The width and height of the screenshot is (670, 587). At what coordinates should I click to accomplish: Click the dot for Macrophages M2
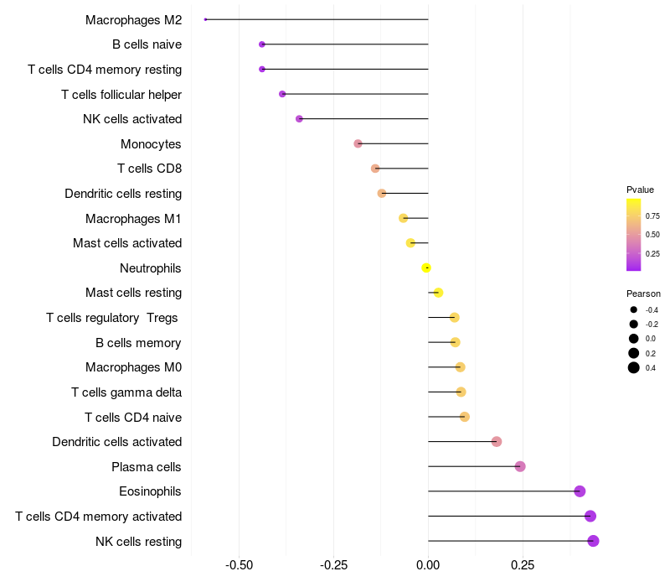point(205,19)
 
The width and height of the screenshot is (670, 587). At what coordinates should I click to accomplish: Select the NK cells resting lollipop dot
point(593,541)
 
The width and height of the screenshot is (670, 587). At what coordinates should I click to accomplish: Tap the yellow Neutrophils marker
point(426,268)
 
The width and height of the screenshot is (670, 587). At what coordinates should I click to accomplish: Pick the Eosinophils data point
point(580,491)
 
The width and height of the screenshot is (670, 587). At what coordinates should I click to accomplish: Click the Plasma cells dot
point(520,466)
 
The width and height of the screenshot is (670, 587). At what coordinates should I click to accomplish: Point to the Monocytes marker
point(358,143)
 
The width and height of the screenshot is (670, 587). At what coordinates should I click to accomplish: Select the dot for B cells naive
point(262,44)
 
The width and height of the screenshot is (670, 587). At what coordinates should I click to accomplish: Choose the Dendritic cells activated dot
point(497,441)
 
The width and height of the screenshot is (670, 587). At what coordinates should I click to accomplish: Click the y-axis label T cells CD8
point(149,169)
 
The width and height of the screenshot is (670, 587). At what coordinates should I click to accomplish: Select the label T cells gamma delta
point(126,392)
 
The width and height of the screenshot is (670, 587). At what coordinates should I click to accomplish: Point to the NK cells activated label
point(132,119)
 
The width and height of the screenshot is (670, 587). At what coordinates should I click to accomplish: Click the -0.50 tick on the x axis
point(240,565)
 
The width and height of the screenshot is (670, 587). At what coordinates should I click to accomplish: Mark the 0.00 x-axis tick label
point(428,565)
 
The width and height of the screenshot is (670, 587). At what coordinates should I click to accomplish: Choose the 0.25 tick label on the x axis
point(523,565)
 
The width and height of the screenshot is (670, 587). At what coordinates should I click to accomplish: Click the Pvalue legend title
point(640,190)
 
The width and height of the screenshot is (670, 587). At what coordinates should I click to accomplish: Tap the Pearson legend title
point(643,293)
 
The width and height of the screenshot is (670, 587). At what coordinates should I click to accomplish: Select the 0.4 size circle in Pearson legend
point(634,367)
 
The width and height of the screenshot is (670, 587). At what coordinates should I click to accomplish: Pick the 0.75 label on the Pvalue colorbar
point(652,216)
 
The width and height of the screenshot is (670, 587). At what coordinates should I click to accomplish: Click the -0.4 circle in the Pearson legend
point(634,309)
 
